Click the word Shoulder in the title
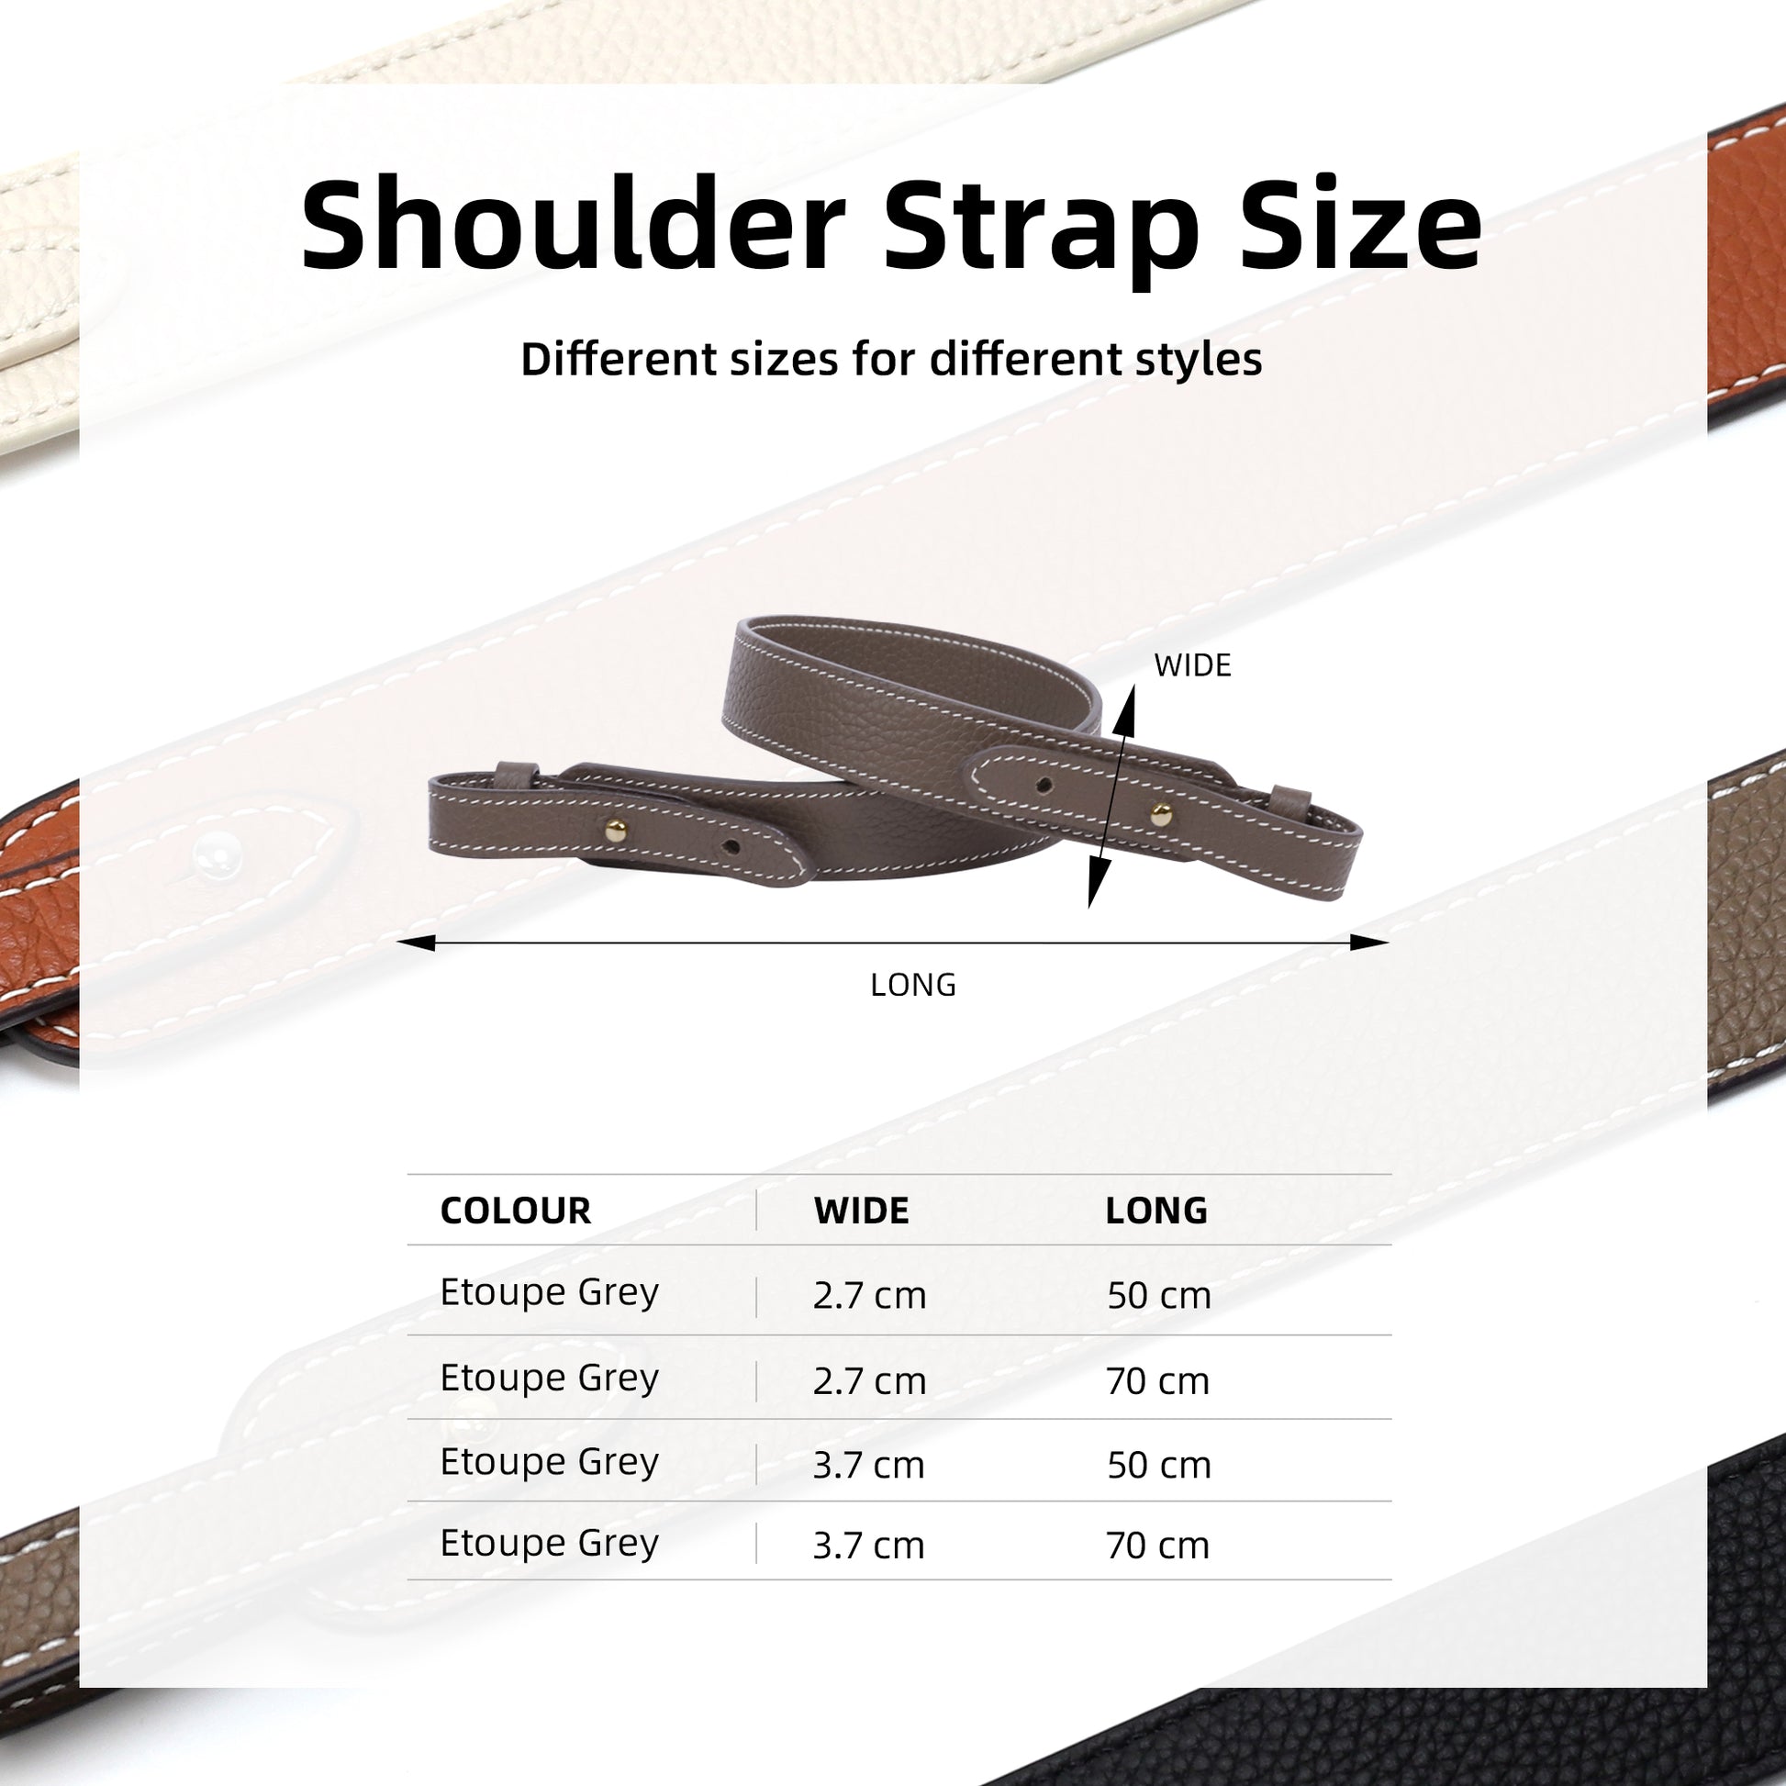[573, 225]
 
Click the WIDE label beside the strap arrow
[1192, 665]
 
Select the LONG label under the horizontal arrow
[913, 985]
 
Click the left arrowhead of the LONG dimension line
[415, 943]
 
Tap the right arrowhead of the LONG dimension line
[1370, 943]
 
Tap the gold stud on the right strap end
[1161, 814]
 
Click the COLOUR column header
[516, 1211]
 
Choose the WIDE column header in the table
[862, 1211]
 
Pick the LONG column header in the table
[1156, 1211]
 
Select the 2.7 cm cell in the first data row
[870, 1295]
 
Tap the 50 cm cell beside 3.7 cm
[1159, 1465]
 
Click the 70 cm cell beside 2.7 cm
[1158, 1381]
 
